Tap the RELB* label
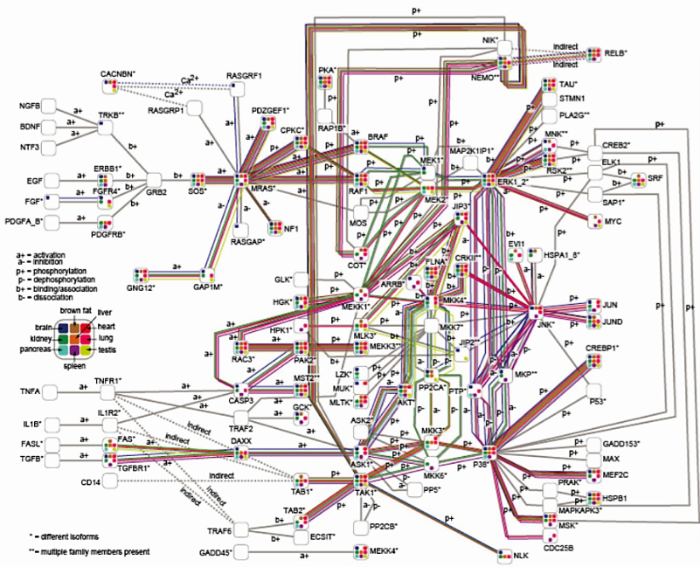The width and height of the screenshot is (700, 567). pos(619,53)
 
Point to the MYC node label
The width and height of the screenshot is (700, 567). pos(613,222)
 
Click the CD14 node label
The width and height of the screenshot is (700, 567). pos(93,481)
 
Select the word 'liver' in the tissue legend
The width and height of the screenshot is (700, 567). pos(105,312)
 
